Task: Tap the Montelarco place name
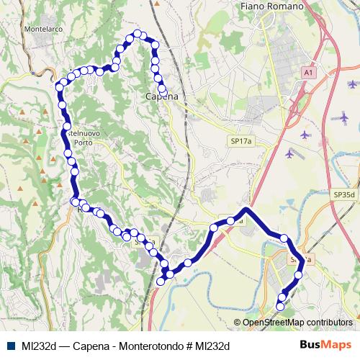point(44,30)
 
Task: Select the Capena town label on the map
point(161,96)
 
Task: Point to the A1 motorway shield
point(309,73)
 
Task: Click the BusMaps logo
point(325,345)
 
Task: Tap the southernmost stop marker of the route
point(281,306)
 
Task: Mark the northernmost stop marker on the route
point(137,34)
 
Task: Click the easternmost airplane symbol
point(344,115)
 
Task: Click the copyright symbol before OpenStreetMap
point(238,323)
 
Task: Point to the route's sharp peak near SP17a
point(247,210)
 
